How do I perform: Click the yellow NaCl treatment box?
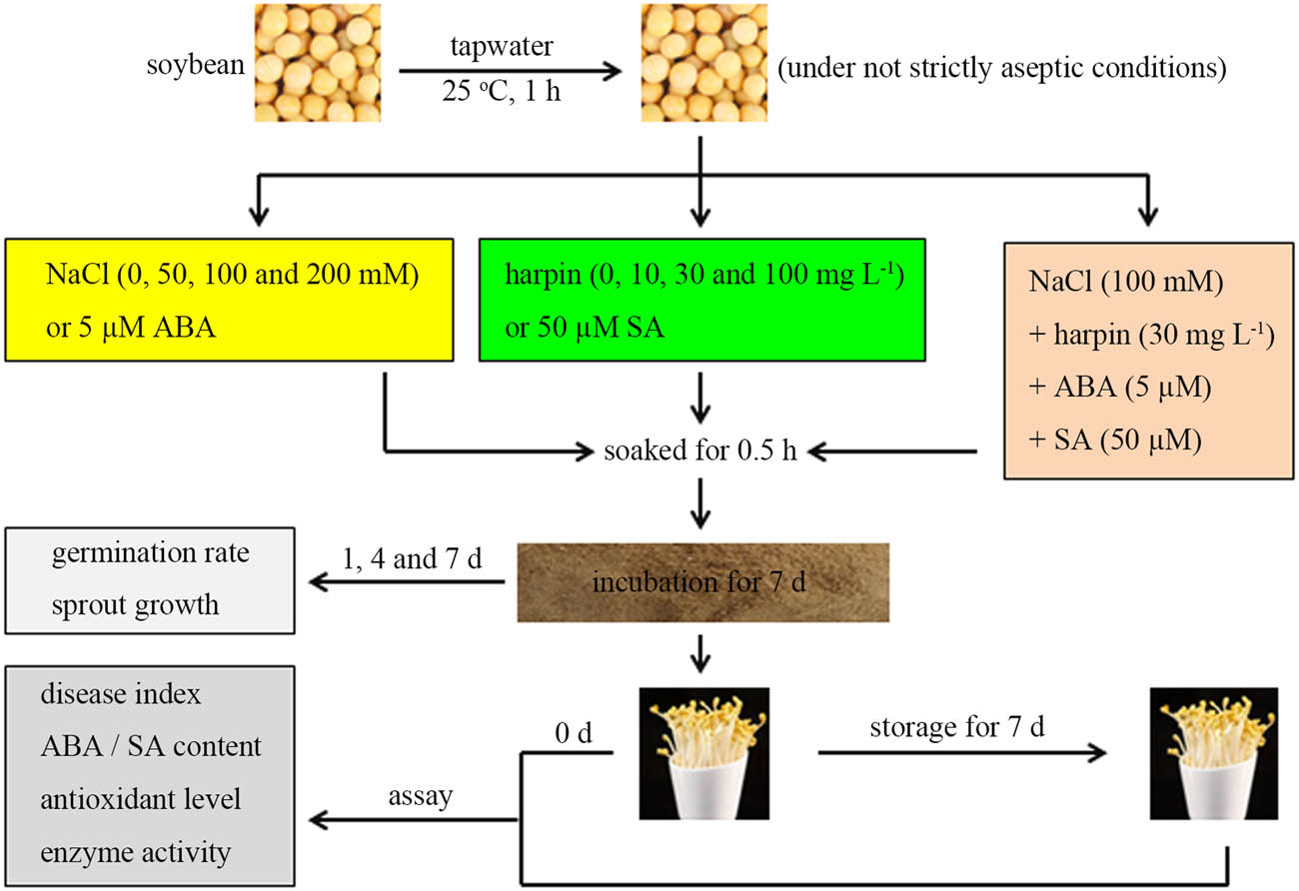click(231, 299)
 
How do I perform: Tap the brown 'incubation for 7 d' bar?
click(701, 581)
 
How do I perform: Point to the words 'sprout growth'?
click(135, 605)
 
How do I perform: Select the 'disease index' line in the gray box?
click(121, 695)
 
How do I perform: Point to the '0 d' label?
click(573, 736)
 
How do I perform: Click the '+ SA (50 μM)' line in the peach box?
click(1114, 440)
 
